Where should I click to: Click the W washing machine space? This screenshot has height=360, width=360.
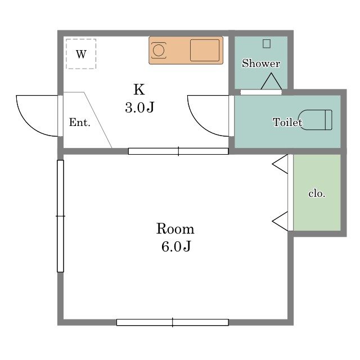81,54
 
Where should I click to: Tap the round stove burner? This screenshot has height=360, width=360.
159,50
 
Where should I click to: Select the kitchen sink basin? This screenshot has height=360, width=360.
205,50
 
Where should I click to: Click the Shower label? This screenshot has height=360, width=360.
261,64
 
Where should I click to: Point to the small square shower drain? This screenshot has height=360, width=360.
266,44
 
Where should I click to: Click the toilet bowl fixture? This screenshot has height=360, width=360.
316,120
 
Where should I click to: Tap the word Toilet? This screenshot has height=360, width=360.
287,122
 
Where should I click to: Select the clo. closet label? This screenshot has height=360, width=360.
317,193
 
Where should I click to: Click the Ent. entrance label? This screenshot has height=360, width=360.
80,123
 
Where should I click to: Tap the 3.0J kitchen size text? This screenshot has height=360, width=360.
139,107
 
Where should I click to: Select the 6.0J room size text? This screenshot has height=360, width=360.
176,246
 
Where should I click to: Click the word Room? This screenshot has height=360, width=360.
175,229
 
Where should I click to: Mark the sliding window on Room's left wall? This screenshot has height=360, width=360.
60,216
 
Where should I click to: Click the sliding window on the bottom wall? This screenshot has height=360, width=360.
173,322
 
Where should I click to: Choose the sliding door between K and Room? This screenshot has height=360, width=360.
178,151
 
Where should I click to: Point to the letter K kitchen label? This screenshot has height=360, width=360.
139,89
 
